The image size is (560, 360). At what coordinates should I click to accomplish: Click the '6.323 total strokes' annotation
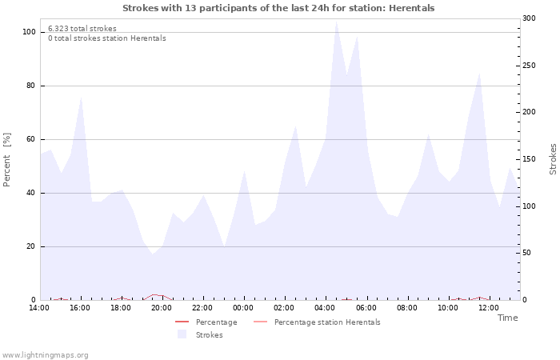82,28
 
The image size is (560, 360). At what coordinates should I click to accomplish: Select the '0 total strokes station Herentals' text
106,38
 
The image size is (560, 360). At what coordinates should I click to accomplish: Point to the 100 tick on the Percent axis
29,32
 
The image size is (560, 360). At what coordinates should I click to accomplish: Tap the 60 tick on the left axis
31,139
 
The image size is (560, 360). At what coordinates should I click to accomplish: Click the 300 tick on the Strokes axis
529,18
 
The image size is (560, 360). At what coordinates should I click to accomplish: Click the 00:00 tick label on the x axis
243,307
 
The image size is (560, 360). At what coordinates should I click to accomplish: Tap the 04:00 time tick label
325,307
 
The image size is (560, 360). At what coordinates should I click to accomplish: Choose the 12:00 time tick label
488,307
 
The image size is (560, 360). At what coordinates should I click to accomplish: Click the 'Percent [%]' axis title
7,160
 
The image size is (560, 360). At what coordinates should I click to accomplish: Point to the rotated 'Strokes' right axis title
553,159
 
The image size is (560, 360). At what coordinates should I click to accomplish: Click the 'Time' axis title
507,318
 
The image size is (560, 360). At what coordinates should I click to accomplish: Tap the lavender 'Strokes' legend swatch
182,334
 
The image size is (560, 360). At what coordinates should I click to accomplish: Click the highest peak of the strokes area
337,21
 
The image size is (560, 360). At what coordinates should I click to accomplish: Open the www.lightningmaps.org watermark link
46,354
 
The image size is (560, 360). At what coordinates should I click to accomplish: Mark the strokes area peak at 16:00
82,98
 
